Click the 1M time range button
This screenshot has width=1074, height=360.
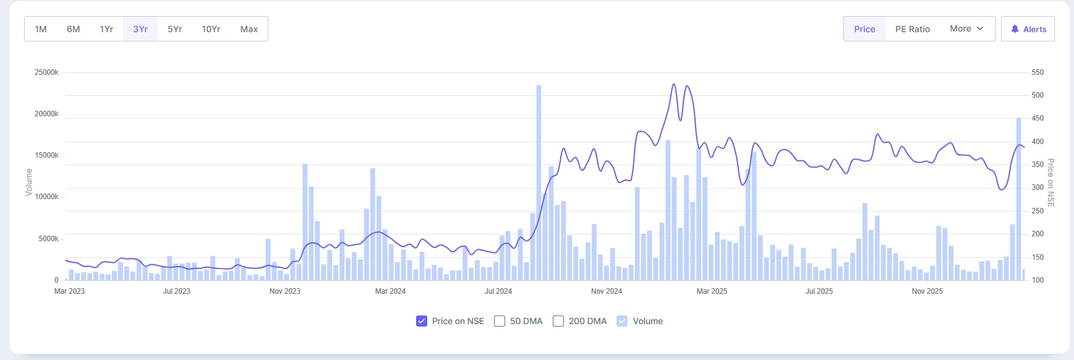[41, 29]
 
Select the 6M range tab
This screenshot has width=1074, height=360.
[74, 29]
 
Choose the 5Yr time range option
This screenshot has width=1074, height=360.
[175, 29]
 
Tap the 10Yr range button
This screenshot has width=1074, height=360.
[211, 29]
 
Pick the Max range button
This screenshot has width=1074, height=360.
[249, 29]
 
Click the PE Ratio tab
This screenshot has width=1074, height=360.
[912, 29]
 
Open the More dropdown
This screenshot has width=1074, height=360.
[966, 29]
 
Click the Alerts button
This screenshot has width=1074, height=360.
[1028, 29]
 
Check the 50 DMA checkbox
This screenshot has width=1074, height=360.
[500, 321]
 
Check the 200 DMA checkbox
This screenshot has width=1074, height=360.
[558, 321]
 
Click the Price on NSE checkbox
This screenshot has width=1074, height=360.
[422, 321]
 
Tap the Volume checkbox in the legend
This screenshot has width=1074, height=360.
[622, 321]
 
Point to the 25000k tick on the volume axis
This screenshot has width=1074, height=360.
[46, 72]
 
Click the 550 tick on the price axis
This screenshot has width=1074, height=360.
[1038, 72]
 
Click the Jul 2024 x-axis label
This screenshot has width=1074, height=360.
[498, 291]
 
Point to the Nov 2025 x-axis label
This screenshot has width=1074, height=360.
[927, 291]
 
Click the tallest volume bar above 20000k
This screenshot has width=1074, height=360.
[539, 182]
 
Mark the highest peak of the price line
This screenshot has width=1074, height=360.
[673, 84]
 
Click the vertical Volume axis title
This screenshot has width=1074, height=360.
[28, 182]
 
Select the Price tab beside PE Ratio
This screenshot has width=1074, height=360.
[864, 29]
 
